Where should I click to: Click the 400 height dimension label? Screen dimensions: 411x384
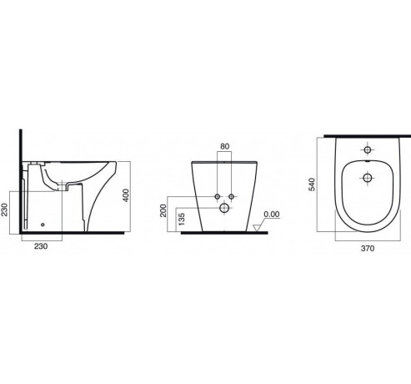pyautogui.click(x=126, y=195)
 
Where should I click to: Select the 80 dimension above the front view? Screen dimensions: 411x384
pyautogui.click(x=225, y=146)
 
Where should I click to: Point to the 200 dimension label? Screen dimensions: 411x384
pyautogui.click(x=163, y=210)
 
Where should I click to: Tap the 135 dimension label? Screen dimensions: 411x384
pyautogui.click(x=181, y=220)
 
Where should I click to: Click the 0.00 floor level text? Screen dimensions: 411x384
pyautogui.click(x=272, y=215)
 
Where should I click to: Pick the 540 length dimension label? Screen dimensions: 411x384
pyautogui.click(x=313, y=184)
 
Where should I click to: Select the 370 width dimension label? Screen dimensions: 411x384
pyautogui.click(x=368, y=248)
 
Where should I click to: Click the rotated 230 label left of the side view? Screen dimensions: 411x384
pyautogui.click(x=4, y=210)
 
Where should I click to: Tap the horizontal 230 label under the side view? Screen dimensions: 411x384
pyautogui.click(x=41, y=246)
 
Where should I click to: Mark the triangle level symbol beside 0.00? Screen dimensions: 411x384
pyautogui.click(x=256, y=228)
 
